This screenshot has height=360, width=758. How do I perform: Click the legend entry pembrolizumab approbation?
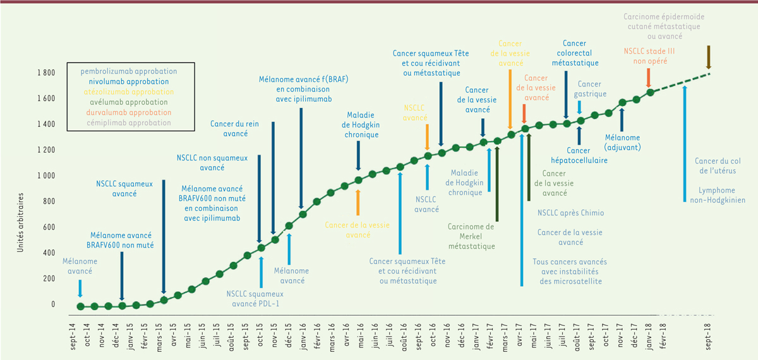pyautogui.click(x=128, y=71)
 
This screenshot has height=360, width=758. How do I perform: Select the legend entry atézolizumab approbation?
pyautogui.click(x=128, y=92)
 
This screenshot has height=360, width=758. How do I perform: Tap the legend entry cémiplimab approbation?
pyautogui.click(x=128, y=123)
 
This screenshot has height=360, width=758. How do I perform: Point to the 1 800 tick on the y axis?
pyautogui.click(x=45, y=73)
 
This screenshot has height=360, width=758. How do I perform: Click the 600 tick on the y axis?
pyautogui.click(x=49, y=227)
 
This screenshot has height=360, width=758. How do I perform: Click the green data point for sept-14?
pyautogui.click(x=80, y=306)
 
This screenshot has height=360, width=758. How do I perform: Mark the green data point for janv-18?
pyautogui.click(x=651, y=93)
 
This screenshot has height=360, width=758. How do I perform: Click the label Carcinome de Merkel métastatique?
pyautogui.click(x=471, y=236)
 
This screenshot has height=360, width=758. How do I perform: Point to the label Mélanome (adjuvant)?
pyautogui.click(x=622, y=142)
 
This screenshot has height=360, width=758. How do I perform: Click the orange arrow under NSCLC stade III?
pyautogui.click(x=649, y=78)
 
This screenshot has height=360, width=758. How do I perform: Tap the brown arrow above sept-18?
pyautogui.click(x=709, y=57)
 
